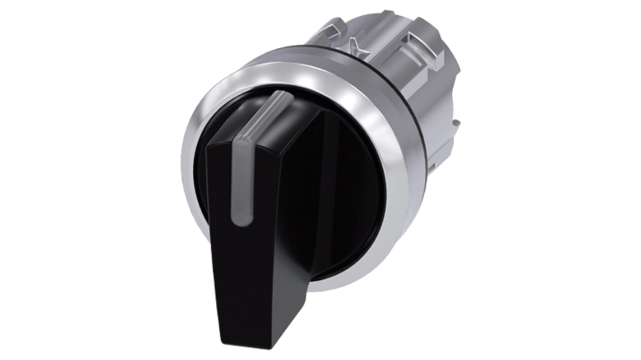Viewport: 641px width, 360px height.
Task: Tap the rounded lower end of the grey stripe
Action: tap(238, 219)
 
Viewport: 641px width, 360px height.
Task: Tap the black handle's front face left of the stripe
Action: tap(221, 203)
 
